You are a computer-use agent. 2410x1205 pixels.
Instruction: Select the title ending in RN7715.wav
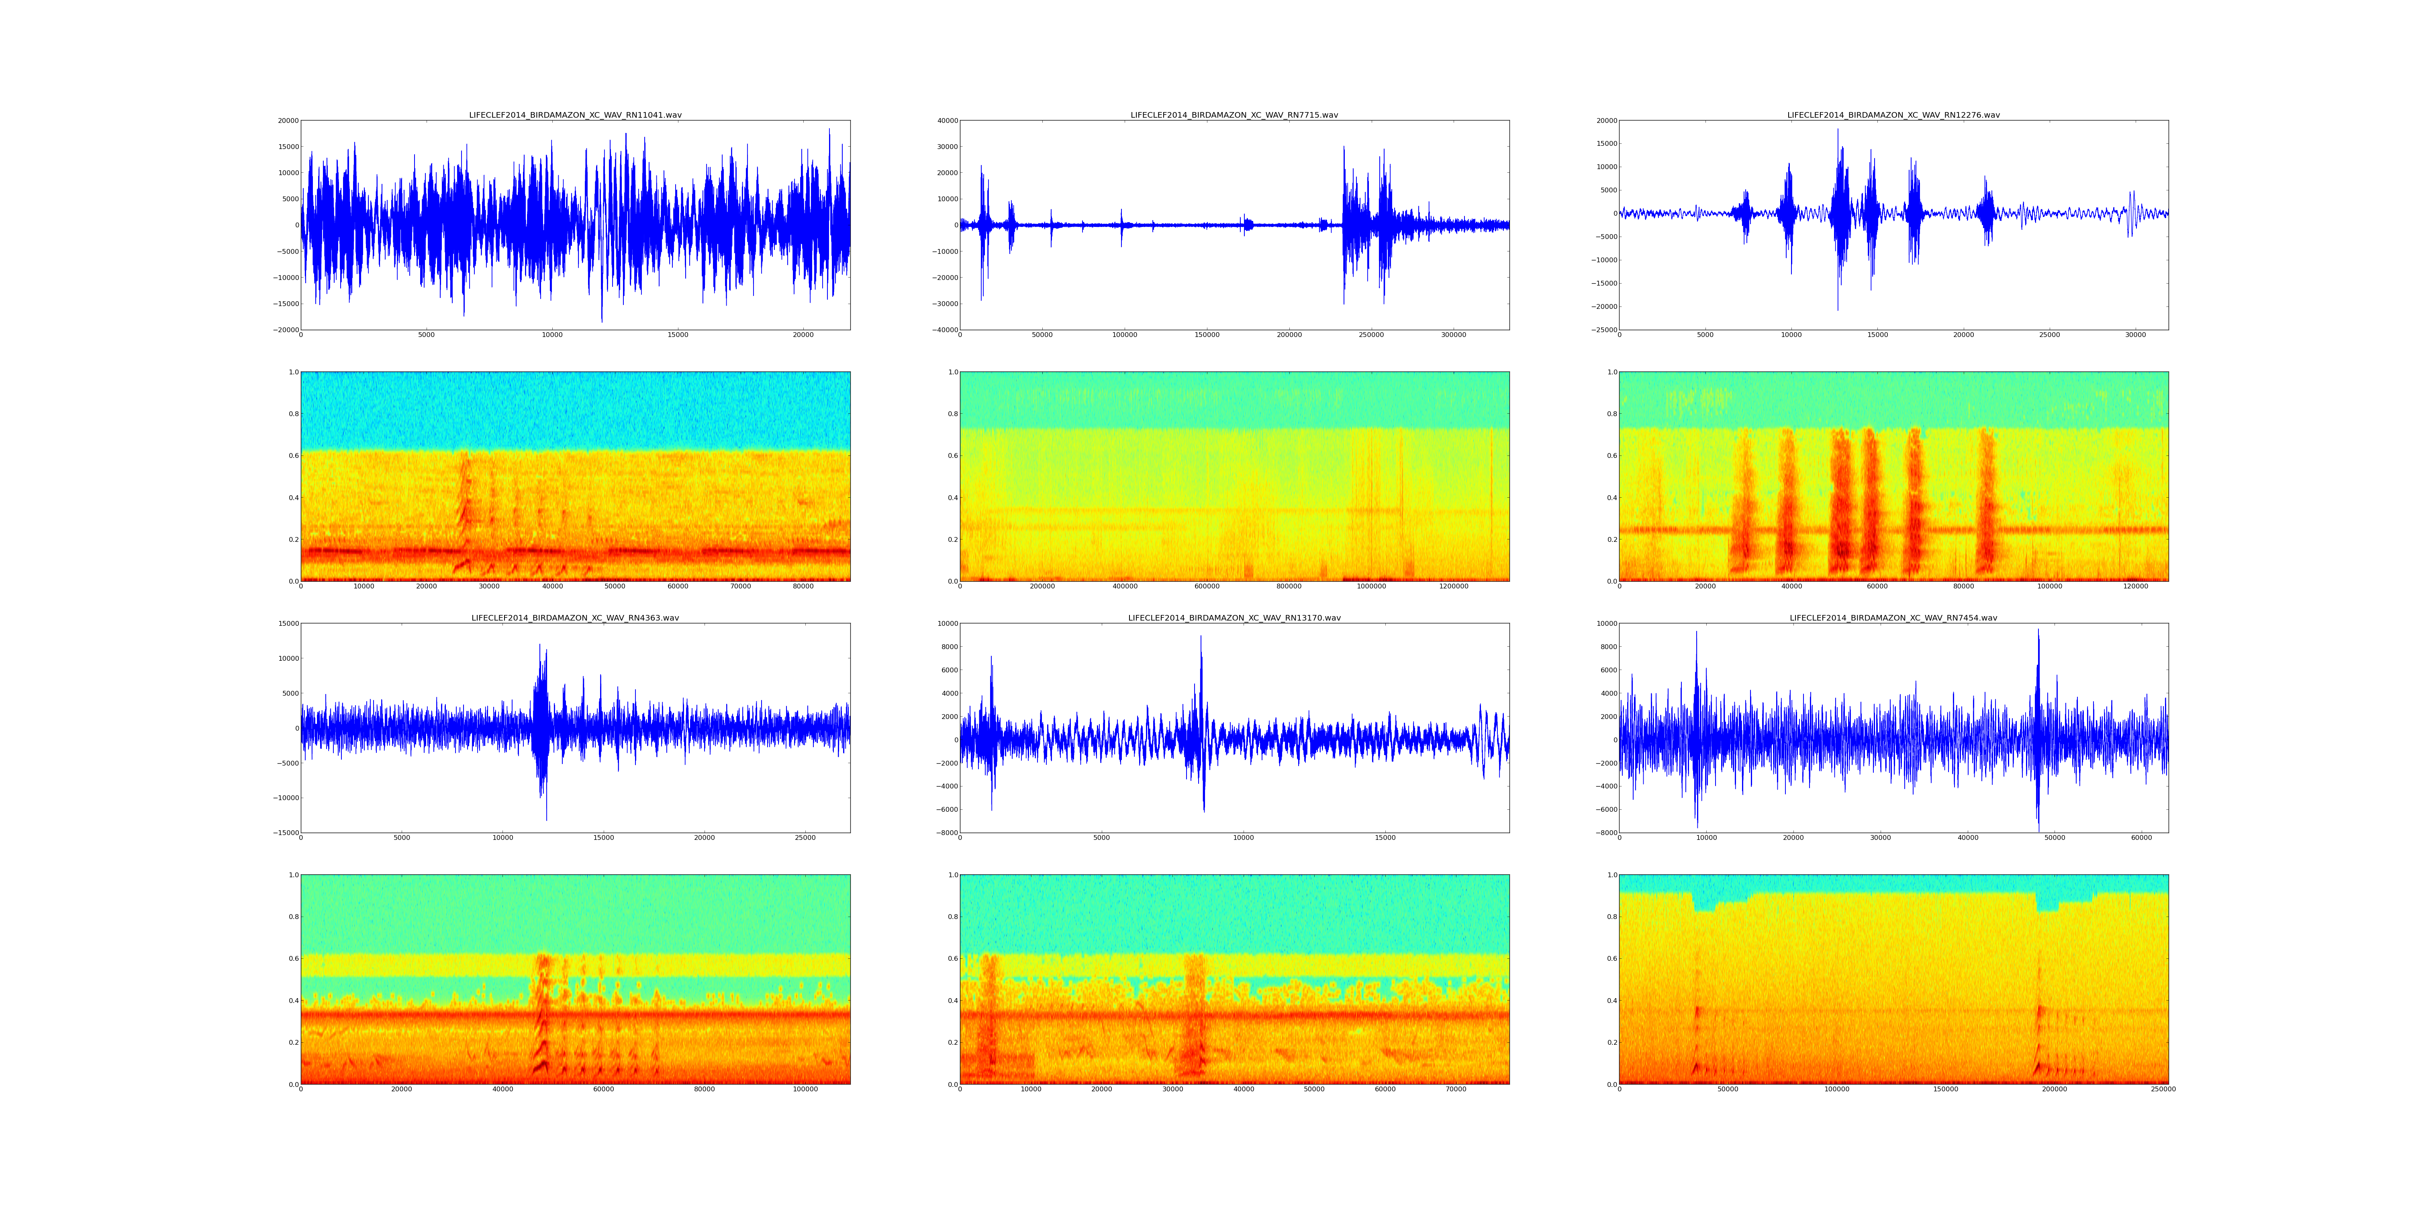pyautogui.click(x=1234, y=115)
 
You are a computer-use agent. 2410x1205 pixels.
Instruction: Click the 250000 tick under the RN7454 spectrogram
pyautogui.click(x=2163, y=1089)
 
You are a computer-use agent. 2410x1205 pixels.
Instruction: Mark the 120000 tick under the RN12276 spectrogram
pyautogui.click(x=2136, y=586)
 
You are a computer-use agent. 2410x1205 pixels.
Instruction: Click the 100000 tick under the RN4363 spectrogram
pyautogui.click(x=805, y=1089)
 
